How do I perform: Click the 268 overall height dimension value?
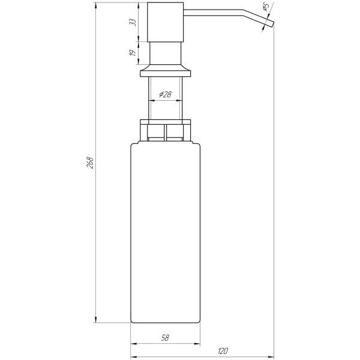point(91,163)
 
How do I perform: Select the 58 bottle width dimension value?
point(164,338)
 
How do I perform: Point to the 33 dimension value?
point(133,22)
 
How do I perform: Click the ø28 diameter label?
point(165,95)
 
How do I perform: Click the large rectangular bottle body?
point(165,234)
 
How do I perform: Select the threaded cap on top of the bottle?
point(165,131)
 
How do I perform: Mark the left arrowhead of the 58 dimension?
point(134,344)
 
